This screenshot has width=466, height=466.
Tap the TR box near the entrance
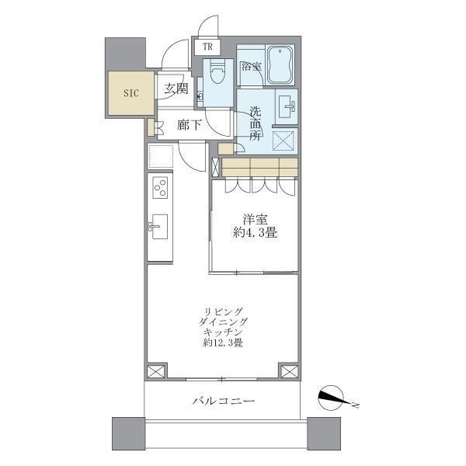(207, 47)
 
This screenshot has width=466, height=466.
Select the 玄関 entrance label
(175, 88)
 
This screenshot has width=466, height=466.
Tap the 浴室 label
(251, 68)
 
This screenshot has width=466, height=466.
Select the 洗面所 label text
(254, 124)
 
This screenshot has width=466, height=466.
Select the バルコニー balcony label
(224, 401)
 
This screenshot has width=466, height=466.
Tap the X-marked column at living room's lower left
(155, 371)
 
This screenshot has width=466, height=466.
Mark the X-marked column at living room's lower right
(288, 371)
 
